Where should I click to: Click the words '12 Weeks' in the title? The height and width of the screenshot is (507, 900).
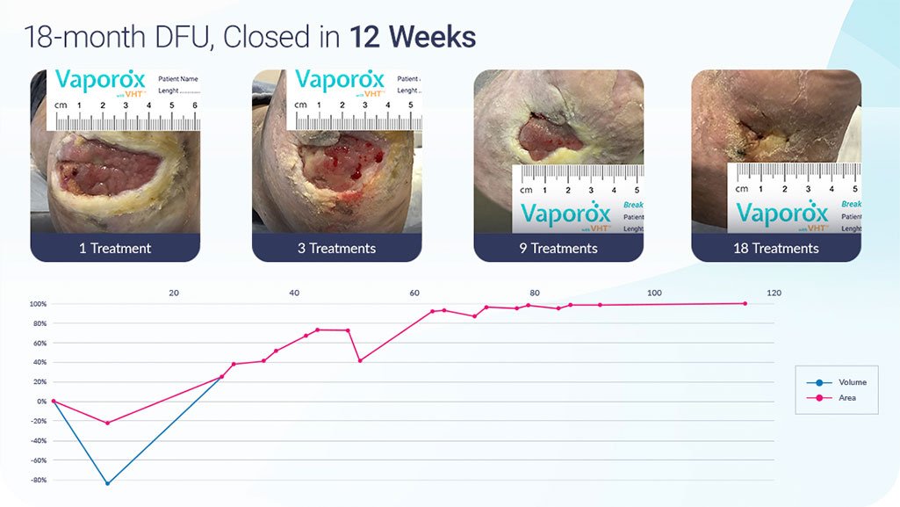point(413,37)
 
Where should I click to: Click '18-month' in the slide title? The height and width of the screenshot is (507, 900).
point(84,37)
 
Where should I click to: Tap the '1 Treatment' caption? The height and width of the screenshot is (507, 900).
point(115,249)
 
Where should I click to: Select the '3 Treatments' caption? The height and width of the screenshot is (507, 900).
point(336,249)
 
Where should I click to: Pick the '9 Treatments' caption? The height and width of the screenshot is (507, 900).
point(558,249)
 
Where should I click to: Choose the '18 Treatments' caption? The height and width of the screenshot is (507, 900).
point(776,249)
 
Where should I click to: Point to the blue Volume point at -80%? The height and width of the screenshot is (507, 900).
point(108,483)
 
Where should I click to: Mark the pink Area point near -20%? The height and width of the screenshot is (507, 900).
point(108,423)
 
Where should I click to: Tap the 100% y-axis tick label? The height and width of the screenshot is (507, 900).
point(38,304)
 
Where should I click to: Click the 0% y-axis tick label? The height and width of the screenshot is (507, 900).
point(41,402)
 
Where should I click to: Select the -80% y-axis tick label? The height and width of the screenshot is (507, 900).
point(37,481)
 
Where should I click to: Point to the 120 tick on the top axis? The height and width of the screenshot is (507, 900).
point(773,293)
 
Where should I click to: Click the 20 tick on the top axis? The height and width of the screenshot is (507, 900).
point(174,293)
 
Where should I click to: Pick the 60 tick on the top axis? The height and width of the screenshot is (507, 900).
point(414,293)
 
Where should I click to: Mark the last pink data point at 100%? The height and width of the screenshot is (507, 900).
point(745,304)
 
